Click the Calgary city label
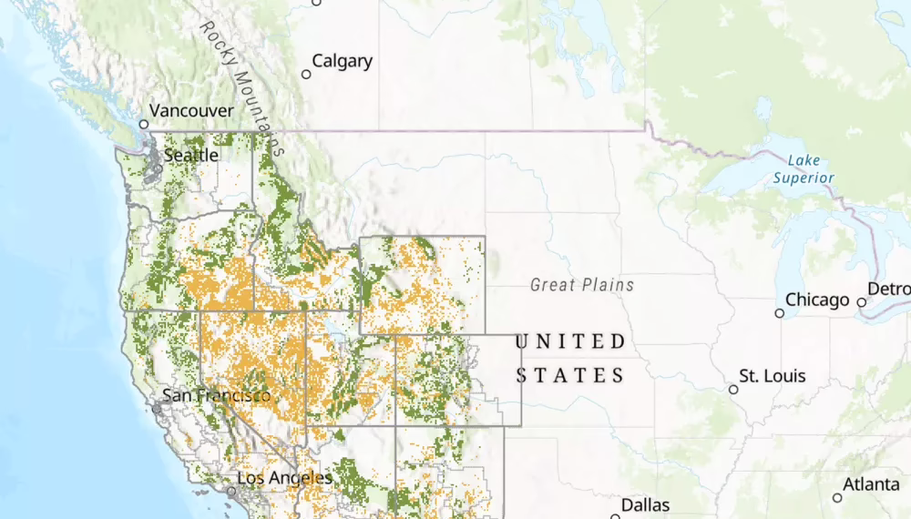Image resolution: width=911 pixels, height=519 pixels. pos(342,62)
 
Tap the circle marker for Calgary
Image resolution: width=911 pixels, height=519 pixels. pos(306,74)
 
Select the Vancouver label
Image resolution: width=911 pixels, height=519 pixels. pos(191,111)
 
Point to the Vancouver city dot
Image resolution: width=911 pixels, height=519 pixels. pos(143,124)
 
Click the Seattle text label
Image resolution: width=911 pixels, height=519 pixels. pos(191,156)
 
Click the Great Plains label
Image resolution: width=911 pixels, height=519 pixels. pos(582,285)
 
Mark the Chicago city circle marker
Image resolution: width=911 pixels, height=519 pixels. pos(779,313)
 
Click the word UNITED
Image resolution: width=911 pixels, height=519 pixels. pos(571,342)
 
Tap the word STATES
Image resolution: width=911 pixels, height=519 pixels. pos(571,375)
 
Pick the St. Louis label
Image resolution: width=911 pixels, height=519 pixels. pos(773,376)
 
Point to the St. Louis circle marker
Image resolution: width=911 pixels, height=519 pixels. pos(733,390)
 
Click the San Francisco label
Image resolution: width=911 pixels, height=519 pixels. pos(216,395)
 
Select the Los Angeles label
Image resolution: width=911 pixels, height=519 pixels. pos(284,477)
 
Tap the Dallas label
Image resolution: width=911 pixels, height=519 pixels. pos(646,504)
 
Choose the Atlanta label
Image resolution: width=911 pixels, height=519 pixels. pos(873,485)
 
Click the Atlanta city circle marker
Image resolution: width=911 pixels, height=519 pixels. pos(837,497)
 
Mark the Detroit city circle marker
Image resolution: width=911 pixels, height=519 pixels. pos(861,302)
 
